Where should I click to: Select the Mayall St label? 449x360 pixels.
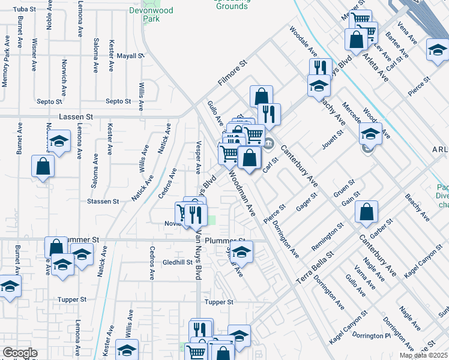(x=131, y=56)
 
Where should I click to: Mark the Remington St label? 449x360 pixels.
(x=328, y=236)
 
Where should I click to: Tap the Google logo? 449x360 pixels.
(x=20, y=353)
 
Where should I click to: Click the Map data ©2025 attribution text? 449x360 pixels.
(x=424, y=355)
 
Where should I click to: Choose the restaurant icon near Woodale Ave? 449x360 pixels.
(x=321, y=67)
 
